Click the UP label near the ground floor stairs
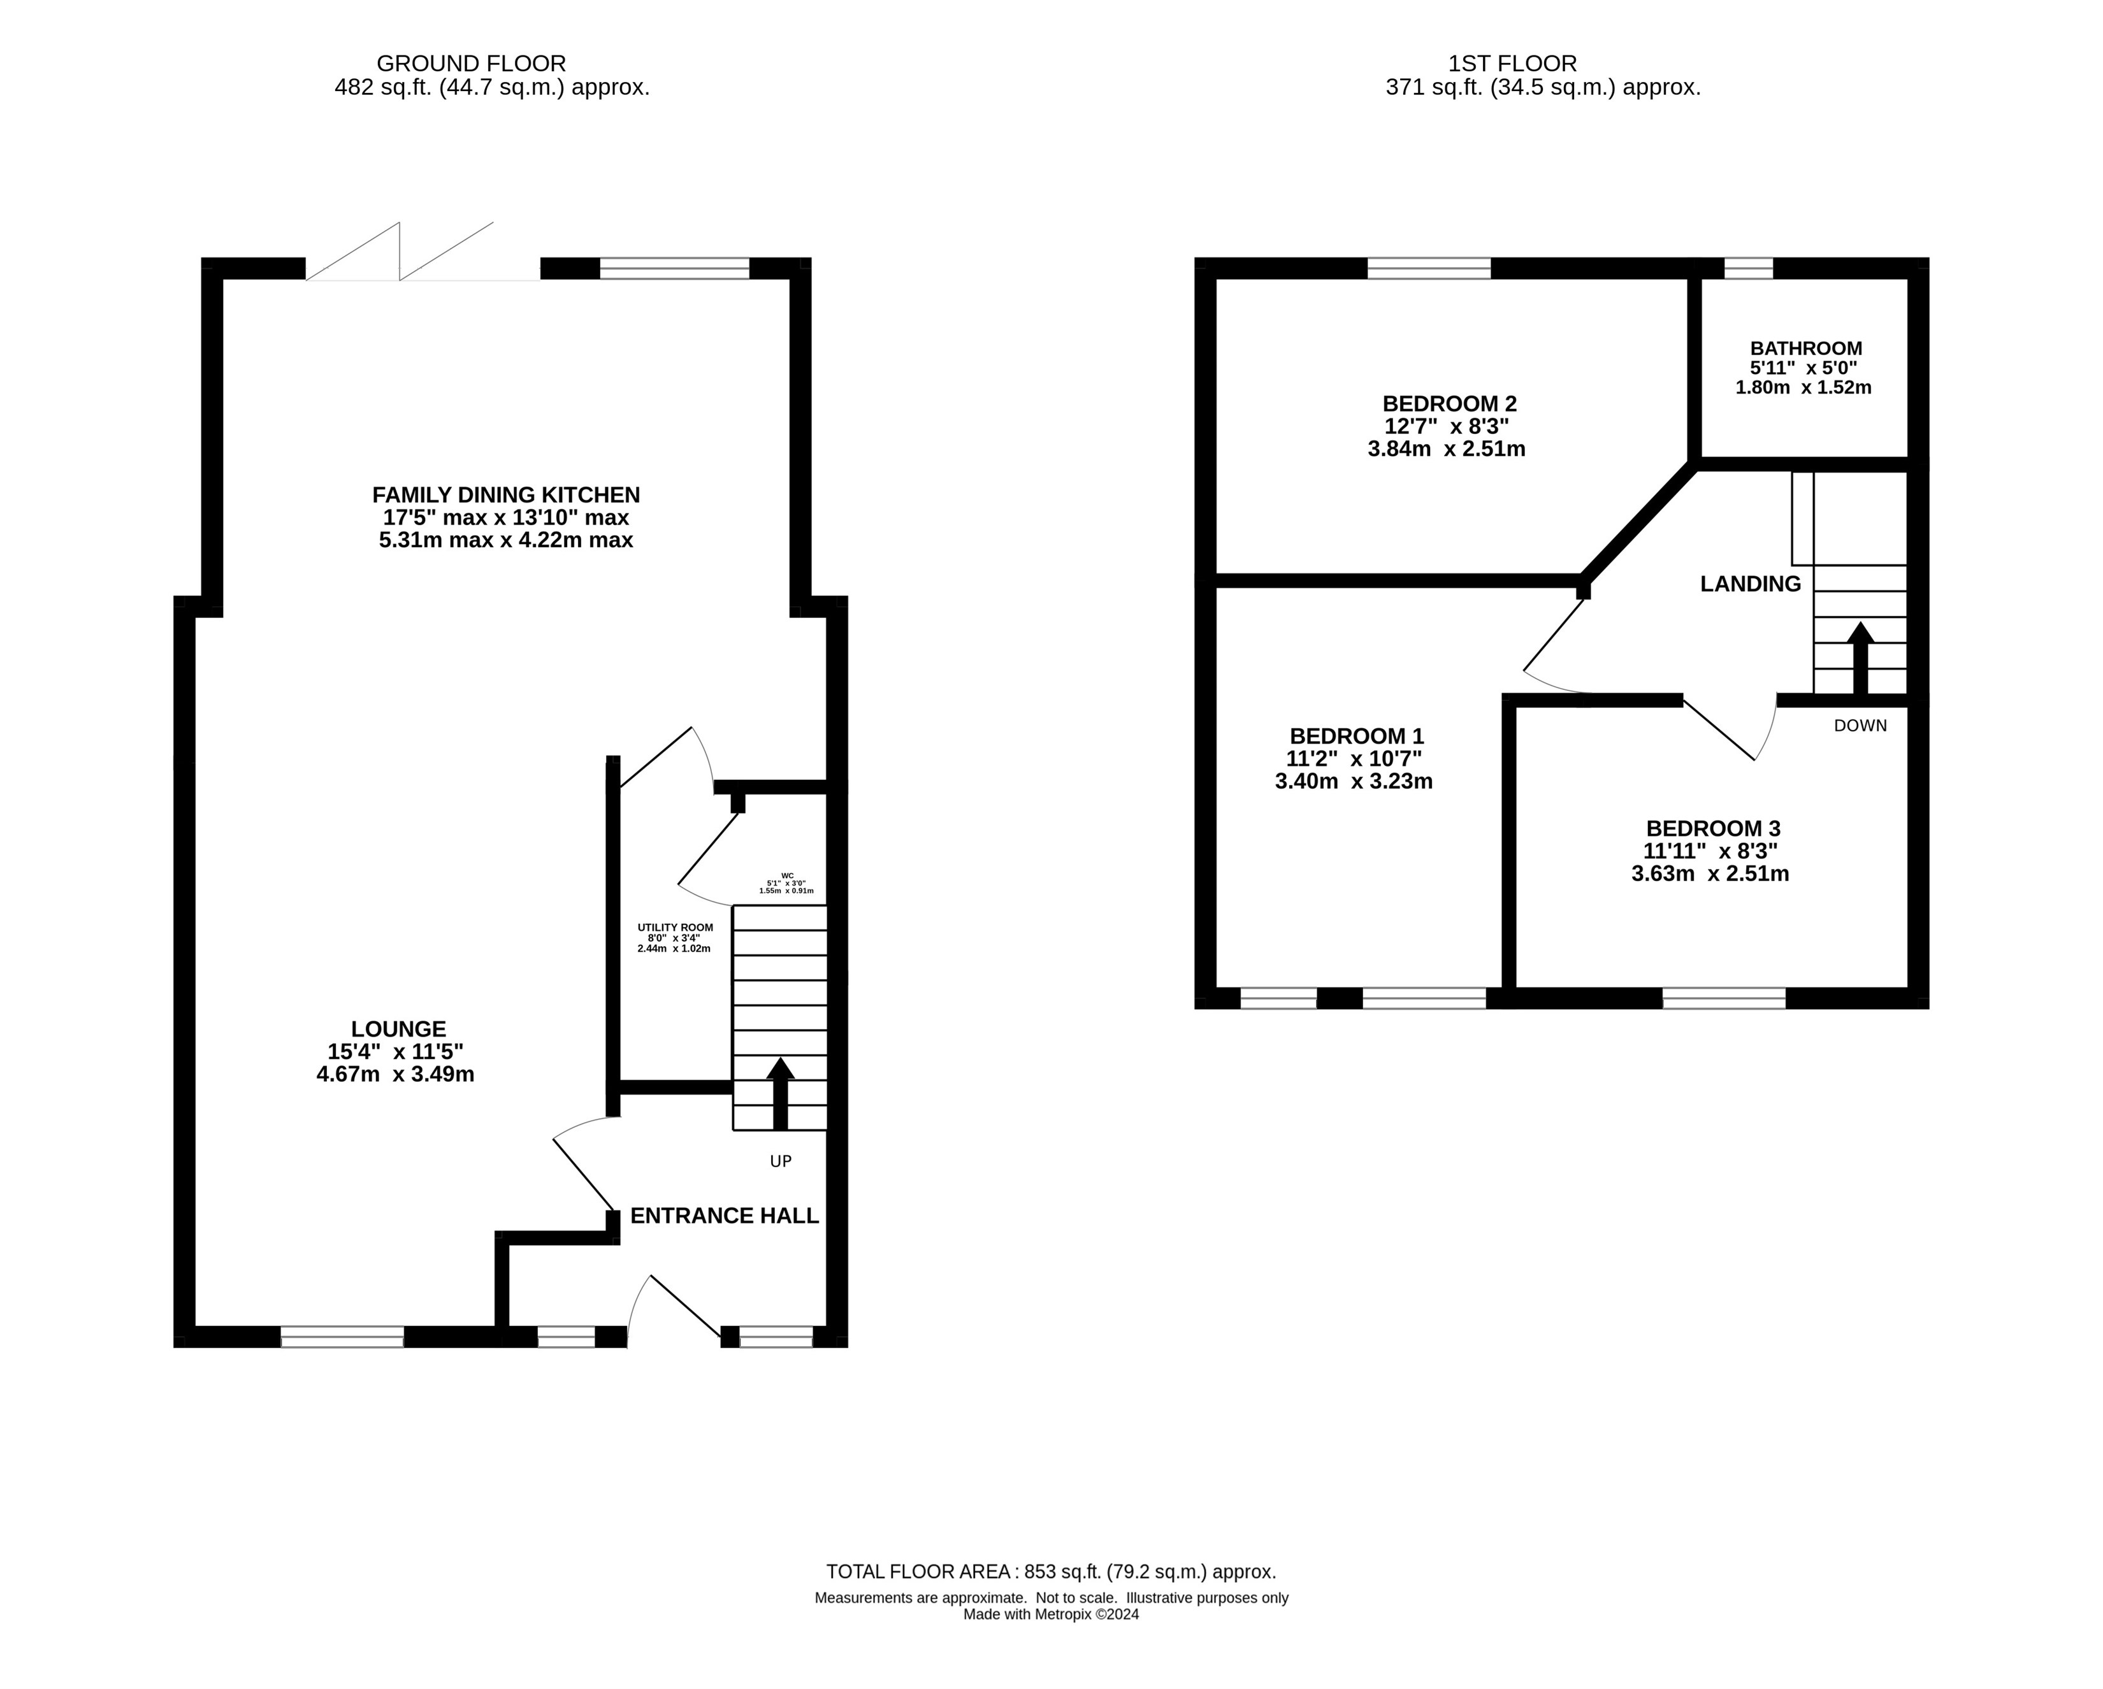click(780, 1161)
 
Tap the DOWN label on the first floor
click(1860, 726)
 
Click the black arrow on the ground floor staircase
click(779, 1094)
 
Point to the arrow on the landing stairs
click(1860, 658)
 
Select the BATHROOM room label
click(1805, 348)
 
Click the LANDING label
click(1750, 584)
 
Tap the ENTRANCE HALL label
click(725, 1216)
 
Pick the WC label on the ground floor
click(787, 875)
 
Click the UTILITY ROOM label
click(675, 928)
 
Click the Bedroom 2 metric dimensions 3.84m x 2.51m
click(1447, 450)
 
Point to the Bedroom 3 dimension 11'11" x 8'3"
click(1711, 851)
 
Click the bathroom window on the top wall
click(1749, 268)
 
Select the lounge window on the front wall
click(342, 1337)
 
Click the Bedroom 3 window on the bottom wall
click(1724, 998)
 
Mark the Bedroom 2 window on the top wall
click(1429, 268)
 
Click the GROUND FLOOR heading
click(471, 63)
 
